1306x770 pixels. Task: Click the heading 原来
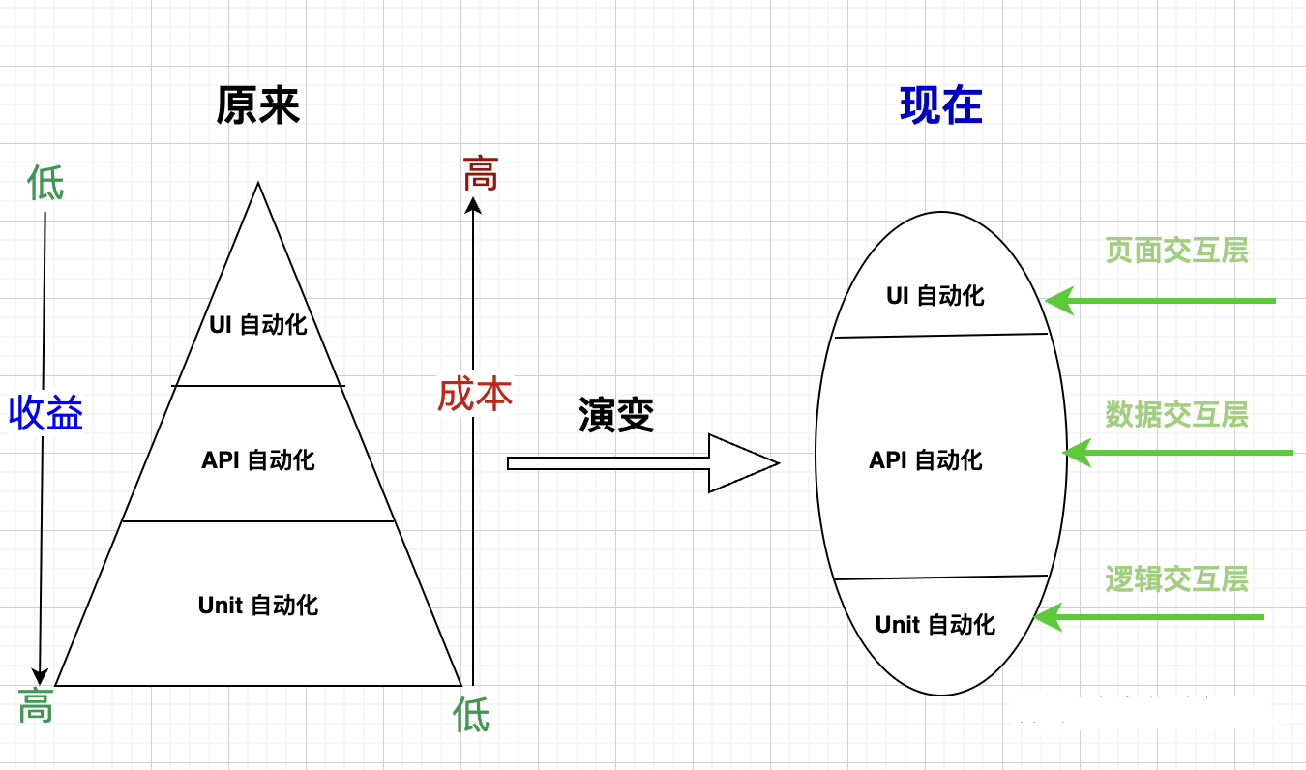tap(258, 105)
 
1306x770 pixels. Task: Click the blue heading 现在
tap(940, 105)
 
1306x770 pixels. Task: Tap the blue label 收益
tap(45, 413)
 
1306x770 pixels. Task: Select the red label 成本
tap(474, 394)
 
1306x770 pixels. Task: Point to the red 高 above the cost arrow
tap(480, 174)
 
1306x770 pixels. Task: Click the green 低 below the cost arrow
tap(471, 716)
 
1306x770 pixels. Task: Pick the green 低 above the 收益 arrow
tap(45, 183)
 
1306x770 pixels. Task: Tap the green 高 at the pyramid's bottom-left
tap(36, 706)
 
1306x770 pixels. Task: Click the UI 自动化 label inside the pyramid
tap(258, 324)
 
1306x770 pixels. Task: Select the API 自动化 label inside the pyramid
tap(258, 459)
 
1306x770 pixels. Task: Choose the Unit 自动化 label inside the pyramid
tap(258, 606)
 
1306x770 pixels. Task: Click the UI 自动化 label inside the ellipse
tap(935, 295)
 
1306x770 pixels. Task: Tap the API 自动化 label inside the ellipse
tap(926, 459)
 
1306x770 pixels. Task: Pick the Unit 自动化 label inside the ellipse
tap(935, 624)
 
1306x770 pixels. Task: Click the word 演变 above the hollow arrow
tap(616, 415)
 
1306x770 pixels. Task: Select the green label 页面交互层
tap(1176, 251)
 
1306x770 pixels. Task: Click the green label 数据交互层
tap(1176, 414)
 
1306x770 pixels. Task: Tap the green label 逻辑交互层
tap(1176, 578)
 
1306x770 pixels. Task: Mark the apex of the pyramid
tap(258, 184)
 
